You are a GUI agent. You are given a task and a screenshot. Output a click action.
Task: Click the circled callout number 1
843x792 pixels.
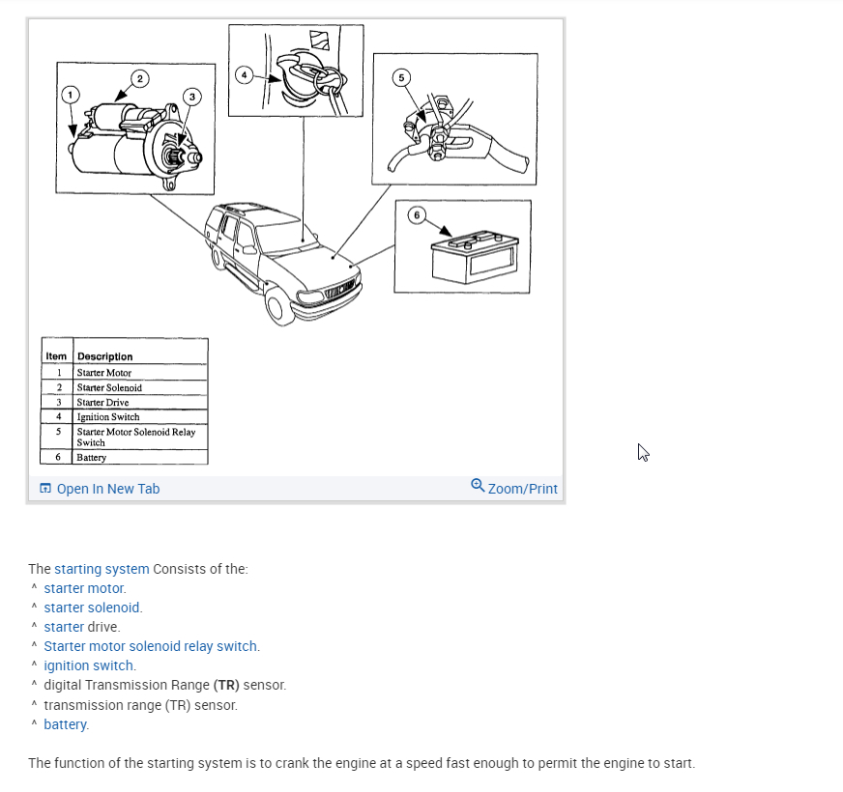pos(69,95)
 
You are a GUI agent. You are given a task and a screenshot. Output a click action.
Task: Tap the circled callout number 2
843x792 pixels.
pos(139,77)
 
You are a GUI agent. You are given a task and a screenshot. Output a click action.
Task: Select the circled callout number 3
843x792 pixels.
pos(192,96)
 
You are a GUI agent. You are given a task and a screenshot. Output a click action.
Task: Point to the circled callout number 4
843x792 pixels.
pos(245,74)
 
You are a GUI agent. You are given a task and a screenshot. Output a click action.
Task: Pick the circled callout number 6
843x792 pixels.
pos(416,214)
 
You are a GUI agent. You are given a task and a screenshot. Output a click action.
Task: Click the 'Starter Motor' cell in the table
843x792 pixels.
pos(104,373)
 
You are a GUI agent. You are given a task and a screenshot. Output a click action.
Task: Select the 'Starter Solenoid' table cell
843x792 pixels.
pos(109,387)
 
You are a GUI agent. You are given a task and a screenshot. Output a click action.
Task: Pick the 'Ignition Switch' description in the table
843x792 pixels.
pos(108,417)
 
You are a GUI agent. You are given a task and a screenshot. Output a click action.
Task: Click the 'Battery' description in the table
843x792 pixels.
pos(92,457)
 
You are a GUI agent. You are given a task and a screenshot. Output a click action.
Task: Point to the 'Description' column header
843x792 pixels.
pos(105,356)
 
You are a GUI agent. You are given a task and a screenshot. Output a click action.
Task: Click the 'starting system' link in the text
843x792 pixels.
pos(102,569)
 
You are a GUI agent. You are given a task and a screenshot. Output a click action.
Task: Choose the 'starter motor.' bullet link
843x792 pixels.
pos(85,588)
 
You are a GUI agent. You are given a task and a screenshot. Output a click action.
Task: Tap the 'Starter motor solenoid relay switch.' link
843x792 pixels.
pos(152,646)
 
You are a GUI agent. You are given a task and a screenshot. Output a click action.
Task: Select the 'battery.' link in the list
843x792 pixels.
pos(66,723)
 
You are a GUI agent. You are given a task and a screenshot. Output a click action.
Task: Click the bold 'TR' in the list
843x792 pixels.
pos(227,685)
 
